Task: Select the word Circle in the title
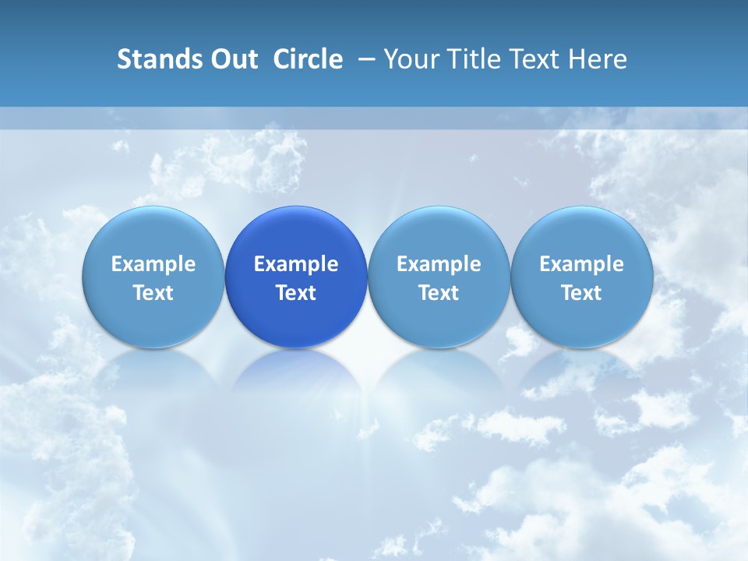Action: click(x=308, y=59)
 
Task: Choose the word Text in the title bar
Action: click(x=543, y=59)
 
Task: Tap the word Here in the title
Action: click(x=601, y=59)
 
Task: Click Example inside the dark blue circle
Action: click(x=296, y=264)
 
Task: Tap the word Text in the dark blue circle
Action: click(x=296, y=293)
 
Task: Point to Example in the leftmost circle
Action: click(x=153, y=264)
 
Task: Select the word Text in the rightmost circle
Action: click(x=582, y=293)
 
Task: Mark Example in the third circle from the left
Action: click(x=439, y=264)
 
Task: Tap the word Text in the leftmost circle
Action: click(x=153, y=293)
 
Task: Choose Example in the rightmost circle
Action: click(x=582, y=264)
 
